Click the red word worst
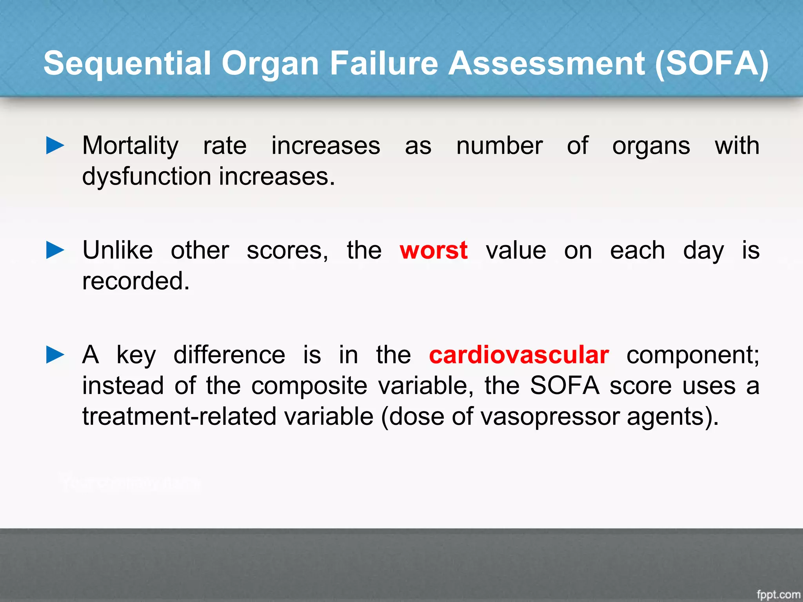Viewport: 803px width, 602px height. (434, 250)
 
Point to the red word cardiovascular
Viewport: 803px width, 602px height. (519, 355)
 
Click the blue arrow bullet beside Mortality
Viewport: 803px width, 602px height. (55, 145)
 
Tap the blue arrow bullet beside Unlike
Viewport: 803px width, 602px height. (55, 250)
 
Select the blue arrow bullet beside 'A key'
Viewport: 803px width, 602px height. (55, 355)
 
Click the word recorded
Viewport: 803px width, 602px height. (136, 281)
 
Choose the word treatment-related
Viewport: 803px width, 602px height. (180, 416)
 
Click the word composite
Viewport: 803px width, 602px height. (309, 386)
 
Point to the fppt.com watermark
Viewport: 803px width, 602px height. (778, 594)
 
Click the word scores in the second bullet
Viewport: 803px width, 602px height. (287, 251)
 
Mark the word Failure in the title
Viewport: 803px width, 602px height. (383, 63)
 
